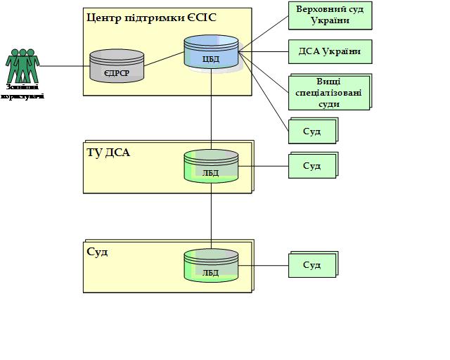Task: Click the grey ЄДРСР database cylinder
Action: click(117, 65)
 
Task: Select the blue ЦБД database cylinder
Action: click(211, 53)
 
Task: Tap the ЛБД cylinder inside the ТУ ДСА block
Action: click(211, 167)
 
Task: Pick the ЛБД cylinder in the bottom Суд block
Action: click(211, 266)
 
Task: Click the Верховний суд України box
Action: click(329, 16)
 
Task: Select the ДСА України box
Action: click(329, 52)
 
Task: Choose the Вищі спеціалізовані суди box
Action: click(329, 92)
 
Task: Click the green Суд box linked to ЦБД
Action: click(311, 131)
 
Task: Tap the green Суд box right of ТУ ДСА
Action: click(311, 166)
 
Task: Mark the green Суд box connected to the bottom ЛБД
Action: click(311, 265)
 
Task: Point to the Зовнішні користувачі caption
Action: click(24, 91)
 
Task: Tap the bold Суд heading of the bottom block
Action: click(97, 251)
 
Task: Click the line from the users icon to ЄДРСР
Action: click(65, 67)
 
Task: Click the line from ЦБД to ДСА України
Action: click(264, 51)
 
